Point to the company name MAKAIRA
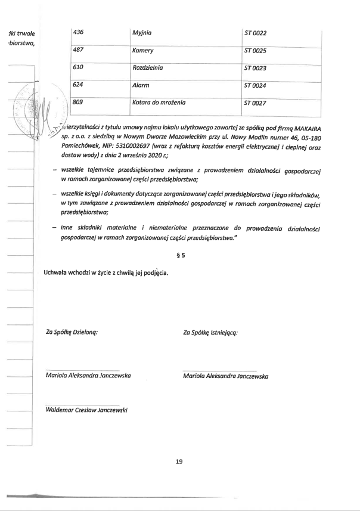(x=305, y=128)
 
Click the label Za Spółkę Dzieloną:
(x=72, y=332)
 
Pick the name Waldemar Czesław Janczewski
(x=86, y=410)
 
